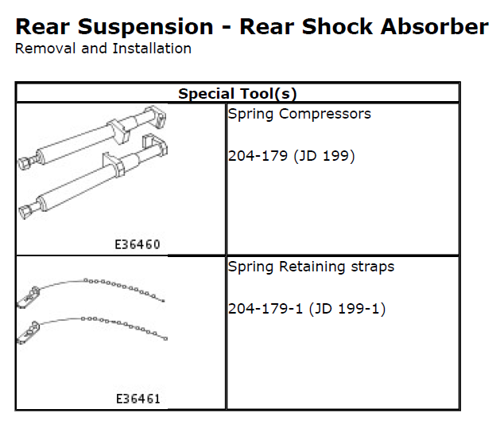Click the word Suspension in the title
149,26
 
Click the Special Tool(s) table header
237,93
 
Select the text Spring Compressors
299,114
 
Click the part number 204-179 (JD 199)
291,155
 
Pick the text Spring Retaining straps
311,267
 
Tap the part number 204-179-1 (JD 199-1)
306,308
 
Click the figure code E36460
137,244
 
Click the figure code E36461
137,397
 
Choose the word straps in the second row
374,267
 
